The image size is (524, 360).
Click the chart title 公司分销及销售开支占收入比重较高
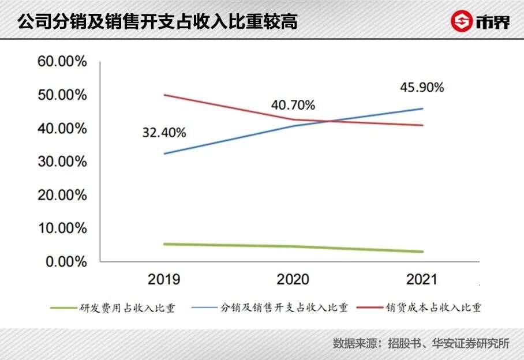(x=157, y=21)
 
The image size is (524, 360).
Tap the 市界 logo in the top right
(x=480, y=21)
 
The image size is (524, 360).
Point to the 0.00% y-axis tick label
(x=65, y=262)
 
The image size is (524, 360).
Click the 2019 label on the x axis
(x=164, y=280)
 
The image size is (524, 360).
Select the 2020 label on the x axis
(x=293, y=280)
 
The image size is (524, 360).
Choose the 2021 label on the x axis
(x=421, y=280)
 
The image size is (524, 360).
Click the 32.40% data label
(x=164, y=133)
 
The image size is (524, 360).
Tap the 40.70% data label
(x=293, y=105)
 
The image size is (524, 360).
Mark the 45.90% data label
(x=422, y=88)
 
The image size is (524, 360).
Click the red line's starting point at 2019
(x=164, y=95)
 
